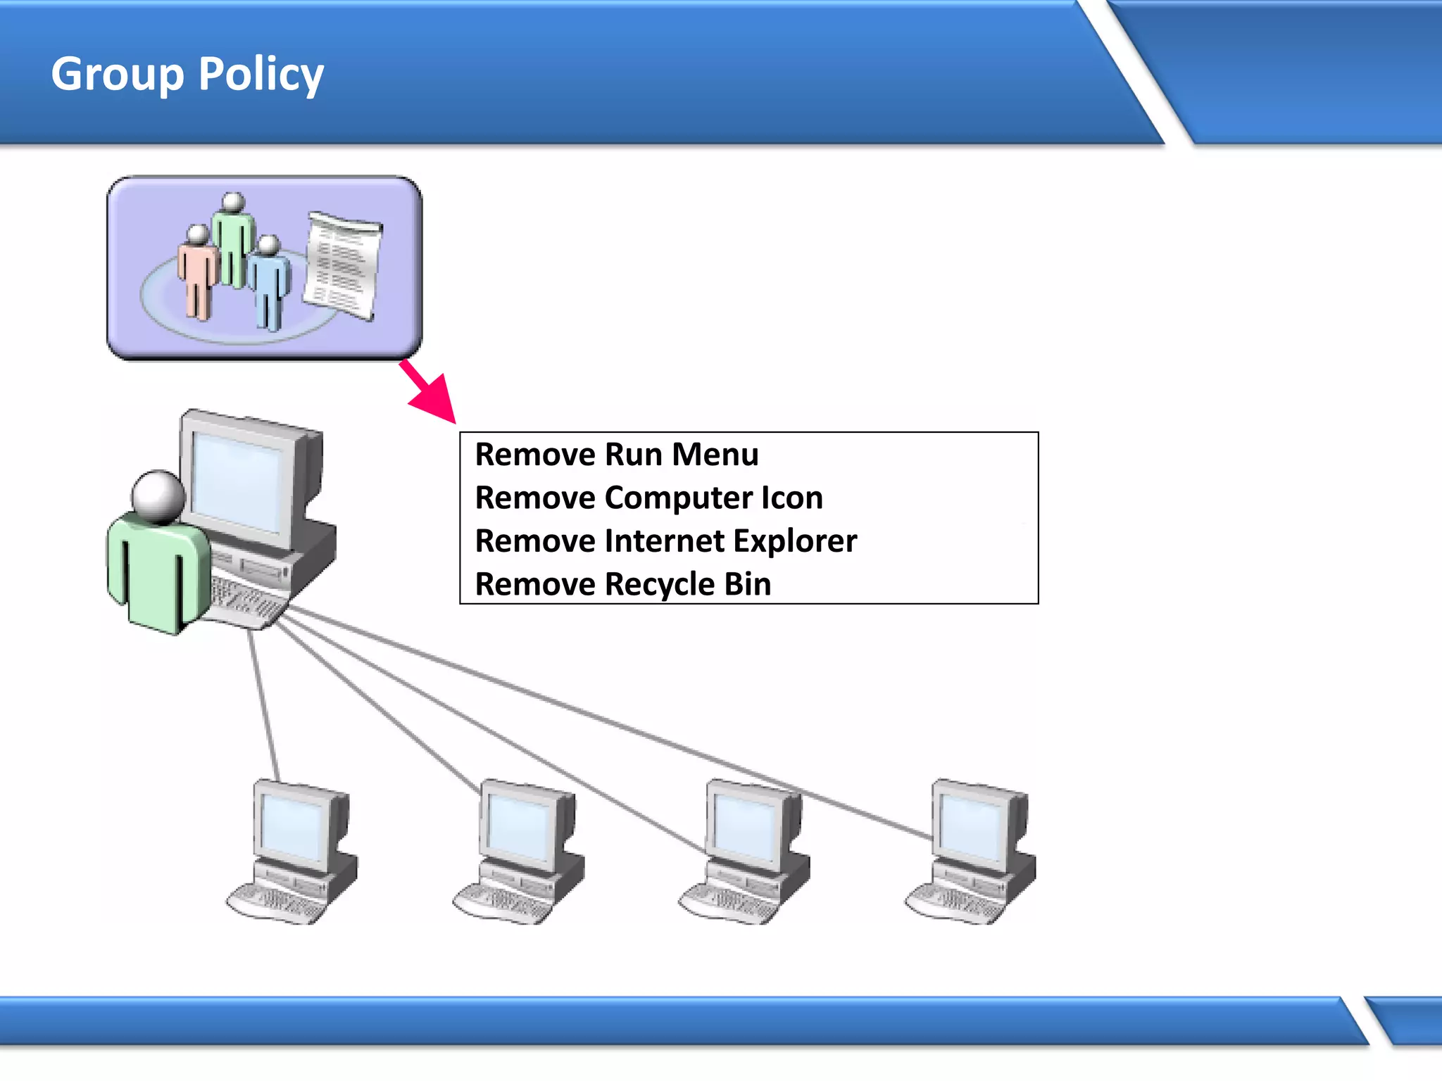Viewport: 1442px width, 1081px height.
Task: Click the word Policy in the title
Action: click(x=261, y=74)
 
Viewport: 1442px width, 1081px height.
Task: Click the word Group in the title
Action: click(x=117, y=74)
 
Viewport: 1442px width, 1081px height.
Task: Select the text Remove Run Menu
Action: click(x=617, y=455)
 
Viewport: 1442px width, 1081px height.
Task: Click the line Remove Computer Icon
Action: click(x=648, y=498)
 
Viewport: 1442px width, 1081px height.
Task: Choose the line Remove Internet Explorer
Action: click(x=665, y=541)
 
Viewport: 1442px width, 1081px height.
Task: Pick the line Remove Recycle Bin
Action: click(x=622, y=585)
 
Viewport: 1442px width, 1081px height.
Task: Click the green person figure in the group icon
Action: click(x=232, y=239)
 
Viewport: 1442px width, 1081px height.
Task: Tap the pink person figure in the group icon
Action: click(x=197, y=274)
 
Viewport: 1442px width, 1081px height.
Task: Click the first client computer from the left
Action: click(x=293, y=852)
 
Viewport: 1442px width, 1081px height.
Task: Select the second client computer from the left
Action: click(x=520, y=852)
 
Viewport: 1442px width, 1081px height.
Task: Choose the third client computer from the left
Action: click(x=746, y=852)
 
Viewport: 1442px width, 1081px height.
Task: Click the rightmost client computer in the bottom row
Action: click(x=972, y=852)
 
